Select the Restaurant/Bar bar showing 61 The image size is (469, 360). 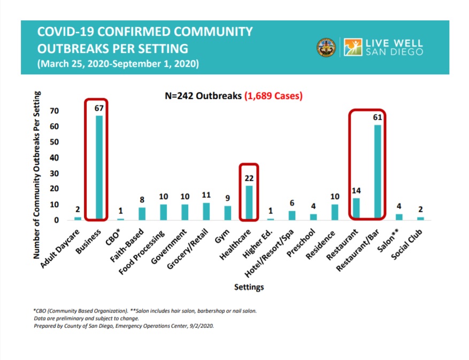[x=378, y=172]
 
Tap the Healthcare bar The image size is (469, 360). [x=249, y=202]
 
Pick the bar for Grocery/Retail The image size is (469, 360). [x=206, y=211]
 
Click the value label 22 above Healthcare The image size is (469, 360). [x=249, y=178]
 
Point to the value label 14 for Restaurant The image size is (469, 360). [x=356, y=190]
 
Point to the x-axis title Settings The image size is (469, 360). [x=249, y=287]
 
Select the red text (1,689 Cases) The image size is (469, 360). [x=273, y=96]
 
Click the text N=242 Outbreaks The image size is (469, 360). [x=203, y=96]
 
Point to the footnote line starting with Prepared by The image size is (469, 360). [x=124, y=325]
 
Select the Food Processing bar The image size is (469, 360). [x=163, y=212]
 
